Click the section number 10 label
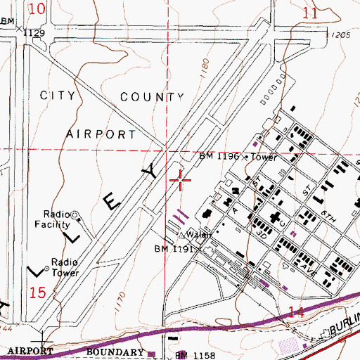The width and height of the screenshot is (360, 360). point(40,9)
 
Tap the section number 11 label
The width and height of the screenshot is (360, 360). point(310,13)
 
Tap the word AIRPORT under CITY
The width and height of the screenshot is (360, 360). point(101,133)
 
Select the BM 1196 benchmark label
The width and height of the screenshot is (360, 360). point(219,157)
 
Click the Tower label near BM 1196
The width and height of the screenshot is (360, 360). point(265,157)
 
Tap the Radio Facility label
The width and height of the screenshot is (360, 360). point(56,219)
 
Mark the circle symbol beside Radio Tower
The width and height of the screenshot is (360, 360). point(47,268)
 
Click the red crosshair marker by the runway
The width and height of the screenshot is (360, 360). point(181,181)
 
